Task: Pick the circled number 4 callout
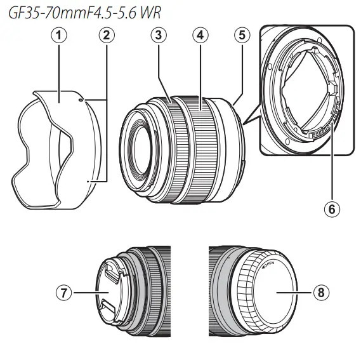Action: click(x=200, y=36)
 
